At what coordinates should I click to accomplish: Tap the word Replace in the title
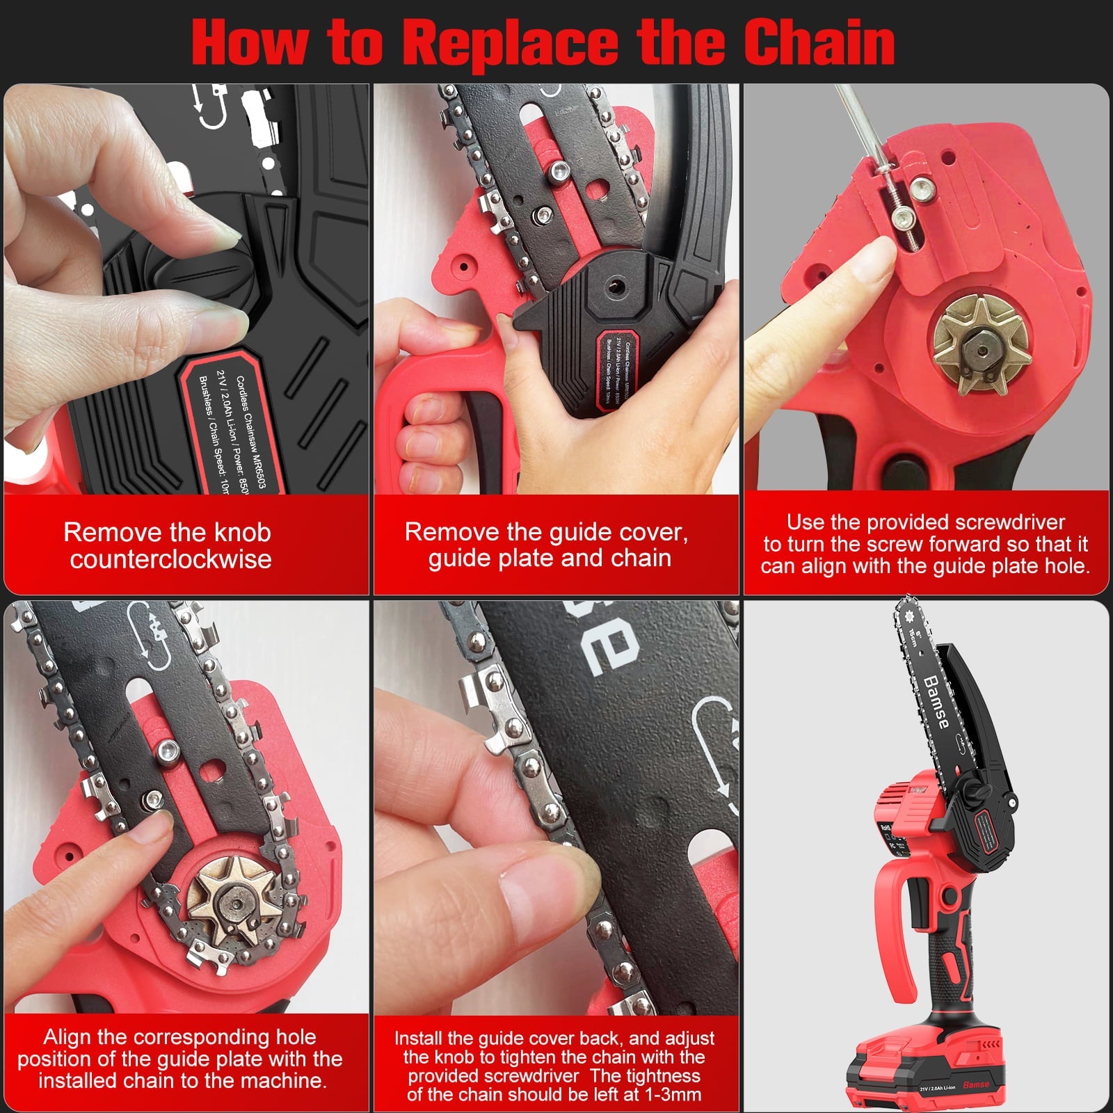coord(511,43)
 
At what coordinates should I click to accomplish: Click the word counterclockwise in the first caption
coord(170,559)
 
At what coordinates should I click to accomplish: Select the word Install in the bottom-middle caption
coord(419,1039)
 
